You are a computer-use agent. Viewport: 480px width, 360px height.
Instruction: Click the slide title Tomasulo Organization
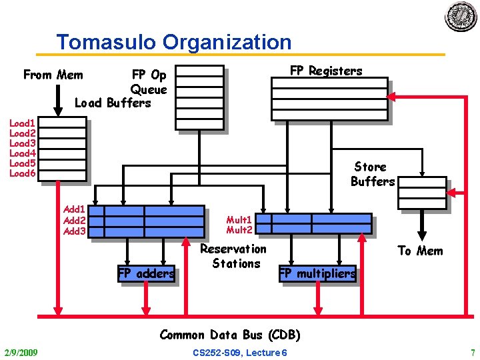pyautogui.click(x=174, y=42)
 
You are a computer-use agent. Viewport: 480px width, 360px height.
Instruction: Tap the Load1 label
pyautogui.click(x=22, y=123)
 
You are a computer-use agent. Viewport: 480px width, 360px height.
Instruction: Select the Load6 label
pyautogui.click(x=22, y=173)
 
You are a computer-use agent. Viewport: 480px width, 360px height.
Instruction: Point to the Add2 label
pyautogui.click(x=74, y=221)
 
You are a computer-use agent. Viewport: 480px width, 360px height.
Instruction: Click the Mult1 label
pyautogui.click(x=239, y=219)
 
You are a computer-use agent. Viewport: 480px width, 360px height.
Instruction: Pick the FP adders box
pyautogui.click(x=146, y=273)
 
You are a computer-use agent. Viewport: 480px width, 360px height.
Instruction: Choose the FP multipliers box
pyautogui.click(x=317, y=273)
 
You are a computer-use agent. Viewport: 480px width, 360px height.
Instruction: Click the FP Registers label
pyautogui.click(x=326, y=71)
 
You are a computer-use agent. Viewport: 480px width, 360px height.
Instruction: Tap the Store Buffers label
pyautogui.click(x=373, y=174)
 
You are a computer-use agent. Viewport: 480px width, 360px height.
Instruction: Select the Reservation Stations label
pyautogui.click(x=233, y=256)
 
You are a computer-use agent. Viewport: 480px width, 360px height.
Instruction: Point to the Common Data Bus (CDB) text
pyautogui.click(x=230, y=335)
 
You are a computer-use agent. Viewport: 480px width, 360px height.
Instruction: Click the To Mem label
pyautogui.click(x=420, y=251)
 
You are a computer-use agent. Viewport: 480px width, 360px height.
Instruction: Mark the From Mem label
pyautogui.click(x=53, y=75)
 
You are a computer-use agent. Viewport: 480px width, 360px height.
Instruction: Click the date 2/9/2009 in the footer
pyautogui.click(x=21, y=352)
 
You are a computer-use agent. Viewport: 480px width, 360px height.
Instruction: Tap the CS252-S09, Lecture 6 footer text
pyautogui.click(x=240, y=352)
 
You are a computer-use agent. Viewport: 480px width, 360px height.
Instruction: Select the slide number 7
pyautogui.click(x=472, y=352)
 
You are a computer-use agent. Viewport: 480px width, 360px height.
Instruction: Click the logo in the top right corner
pyautogui.click(x=461, y=17)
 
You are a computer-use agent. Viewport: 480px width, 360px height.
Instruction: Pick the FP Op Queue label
pyautogui.click(x=149, y=82)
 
